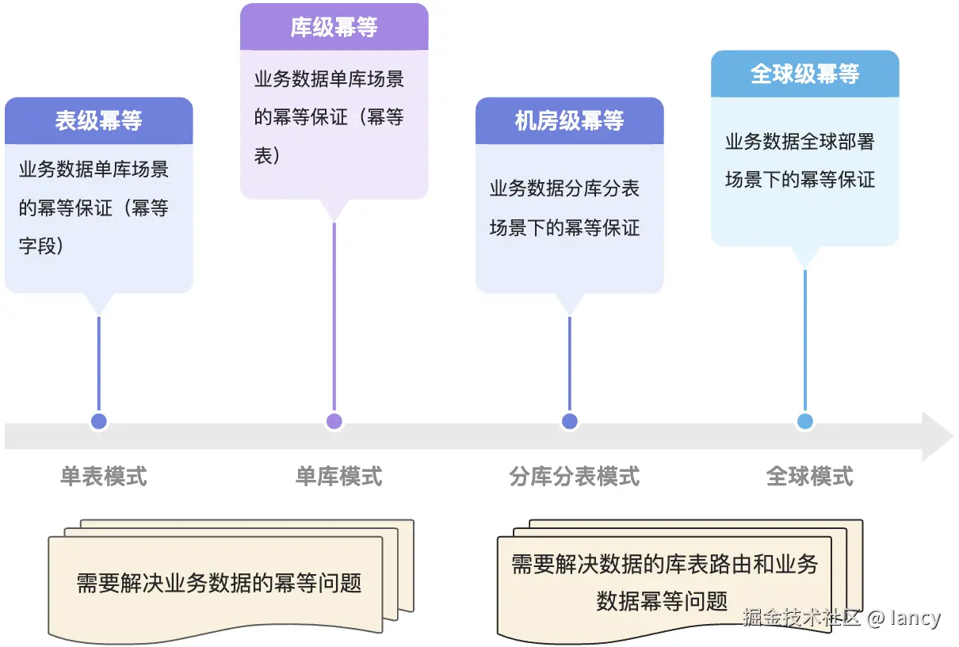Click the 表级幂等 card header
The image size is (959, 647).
98,121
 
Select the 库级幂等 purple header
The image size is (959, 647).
334,28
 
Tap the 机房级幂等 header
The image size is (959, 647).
569,121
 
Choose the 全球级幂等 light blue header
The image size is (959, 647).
804,74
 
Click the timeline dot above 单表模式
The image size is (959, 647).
99,421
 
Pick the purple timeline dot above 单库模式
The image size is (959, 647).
334,421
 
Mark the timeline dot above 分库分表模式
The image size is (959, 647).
569,421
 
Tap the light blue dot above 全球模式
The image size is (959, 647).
805,421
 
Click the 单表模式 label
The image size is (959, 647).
104,476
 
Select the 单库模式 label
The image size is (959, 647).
339,476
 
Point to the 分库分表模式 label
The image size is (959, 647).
575,476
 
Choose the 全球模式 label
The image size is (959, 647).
810,476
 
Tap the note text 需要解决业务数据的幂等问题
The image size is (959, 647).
219,584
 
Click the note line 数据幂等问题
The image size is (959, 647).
662,601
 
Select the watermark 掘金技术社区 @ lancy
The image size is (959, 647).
842,618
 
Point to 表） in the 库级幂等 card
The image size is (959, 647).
267,154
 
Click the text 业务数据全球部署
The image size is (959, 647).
800,143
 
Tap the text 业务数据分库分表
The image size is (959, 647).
564,189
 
